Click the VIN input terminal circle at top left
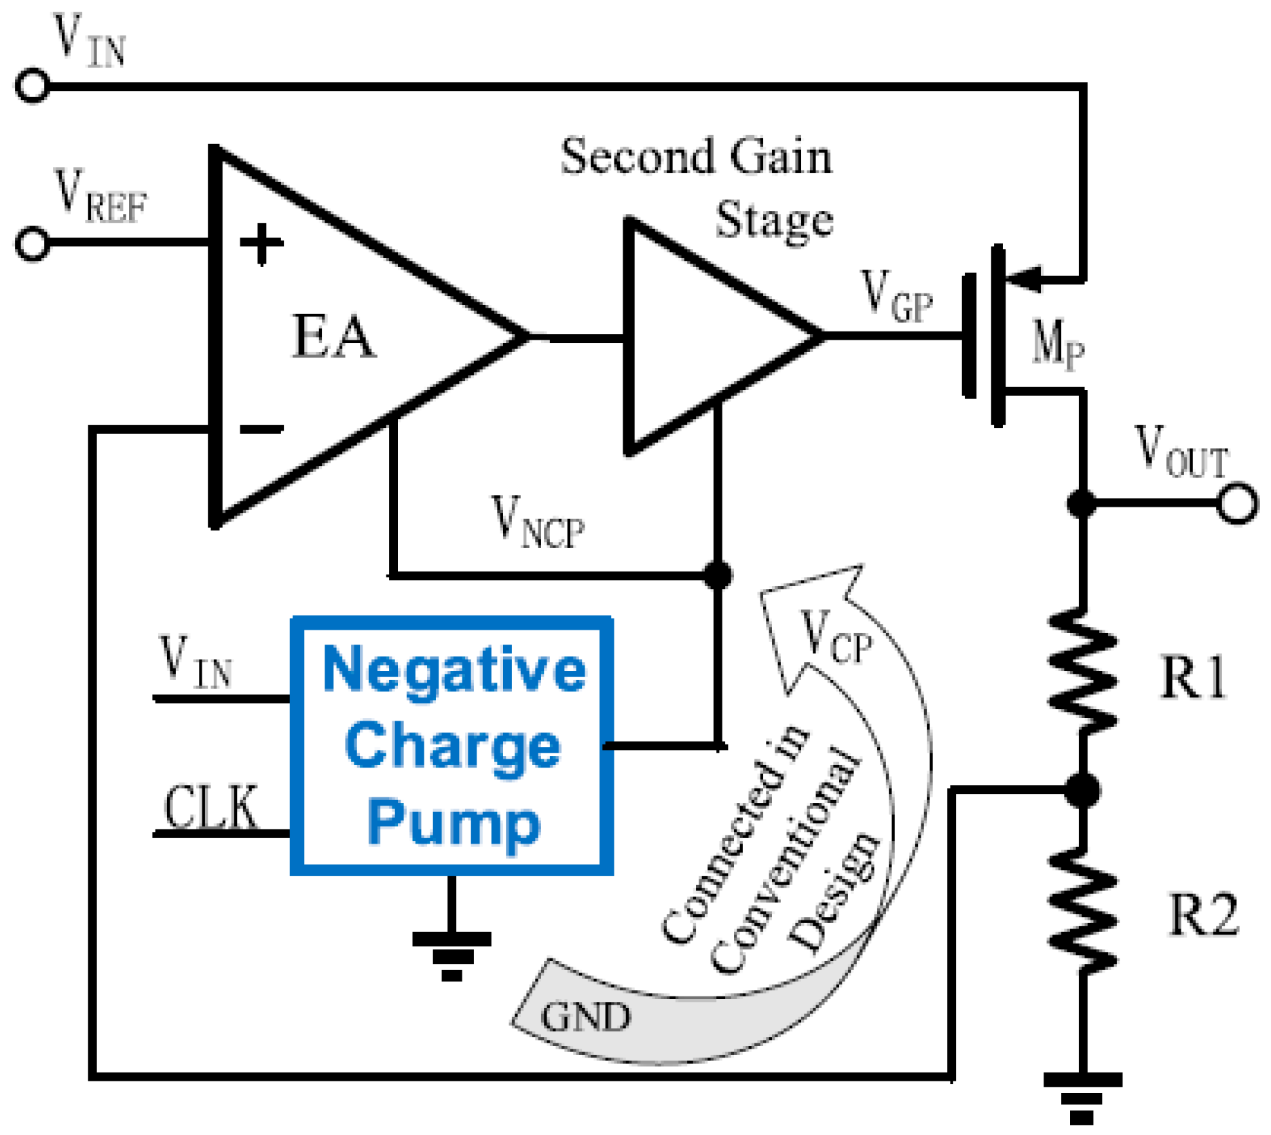tap(33, 86)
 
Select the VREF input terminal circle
tap(33, 243)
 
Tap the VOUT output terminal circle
tap(1236, 503)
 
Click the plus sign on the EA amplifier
tap(261, 243)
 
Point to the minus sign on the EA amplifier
tap(261, 429)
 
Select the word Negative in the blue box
tap(454, 670)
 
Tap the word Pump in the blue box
tap(454, 823)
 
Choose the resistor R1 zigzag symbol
tap(1082, 671)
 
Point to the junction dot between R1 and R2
tap(1082, 790)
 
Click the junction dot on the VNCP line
tap(718, 575)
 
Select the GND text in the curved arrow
tap(585, 1017)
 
